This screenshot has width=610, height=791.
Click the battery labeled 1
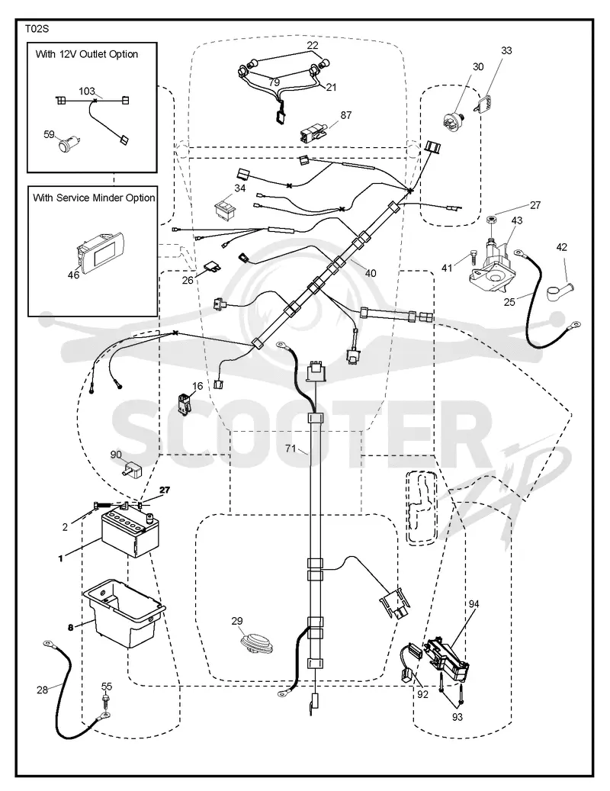[x=130, y=532]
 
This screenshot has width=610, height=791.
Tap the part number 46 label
[x=74, y=275]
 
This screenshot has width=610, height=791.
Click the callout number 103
[x=87, y=92]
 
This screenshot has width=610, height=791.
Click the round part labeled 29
[x=252, y=643]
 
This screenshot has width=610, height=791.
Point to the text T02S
[x=37, y=29]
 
